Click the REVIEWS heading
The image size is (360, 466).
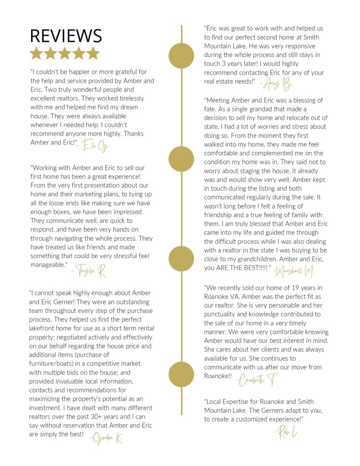(x=66, y=36)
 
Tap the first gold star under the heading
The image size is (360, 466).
(x=36, y=54)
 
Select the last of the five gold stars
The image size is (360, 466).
(x=93, y=54)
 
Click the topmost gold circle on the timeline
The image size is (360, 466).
(x=181, y=56)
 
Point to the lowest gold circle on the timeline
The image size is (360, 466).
(x=181, y=374)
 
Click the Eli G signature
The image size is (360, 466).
(x=95, y=145)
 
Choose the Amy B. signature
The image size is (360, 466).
(x=277, y=84)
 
